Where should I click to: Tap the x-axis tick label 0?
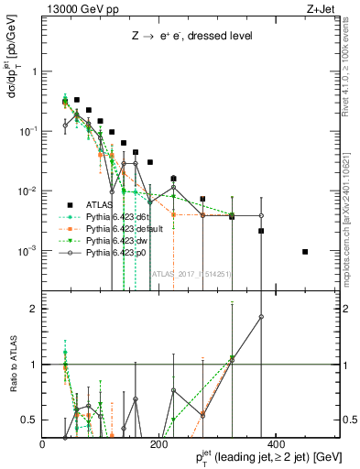[43, 444]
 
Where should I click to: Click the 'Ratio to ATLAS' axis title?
[12, 364]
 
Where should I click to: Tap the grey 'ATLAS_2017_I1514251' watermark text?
[191, 272]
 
